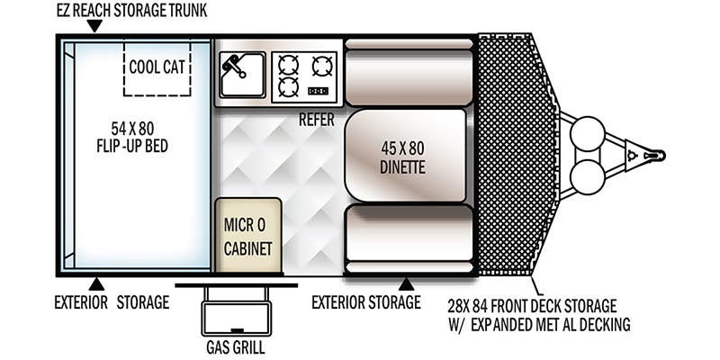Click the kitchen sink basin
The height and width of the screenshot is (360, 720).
(242, 75)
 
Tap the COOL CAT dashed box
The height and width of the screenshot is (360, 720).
(157, 69)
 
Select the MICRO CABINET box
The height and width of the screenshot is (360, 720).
(248, 235)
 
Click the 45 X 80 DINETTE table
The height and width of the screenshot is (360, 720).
(405, 155)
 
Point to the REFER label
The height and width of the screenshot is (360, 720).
(317, 121)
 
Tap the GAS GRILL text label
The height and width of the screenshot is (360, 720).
(236, 347)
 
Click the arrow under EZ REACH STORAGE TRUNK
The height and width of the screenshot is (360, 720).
(94, 26)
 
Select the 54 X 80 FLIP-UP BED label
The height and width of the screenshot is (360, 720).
(132, 137)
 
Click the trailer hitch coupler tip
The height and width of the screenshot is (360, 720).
(661, 156)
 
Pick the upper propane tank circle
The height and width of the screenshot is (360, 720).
(587, 132)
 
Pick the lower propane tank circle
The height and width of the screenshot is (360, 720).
(587, 176)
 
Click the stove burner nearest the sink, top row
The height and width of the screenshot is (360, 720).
(288, 65)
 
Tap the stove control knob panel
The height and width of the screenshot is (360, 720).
(318, 91)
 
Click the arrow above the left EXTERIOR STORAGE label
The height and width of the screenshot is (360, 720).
(96, 284)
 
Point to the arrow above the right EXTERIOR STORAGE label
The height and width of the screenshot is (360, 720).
(406, 284)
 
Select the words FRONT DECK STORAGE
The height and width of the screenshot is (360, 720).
(551, 306)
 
